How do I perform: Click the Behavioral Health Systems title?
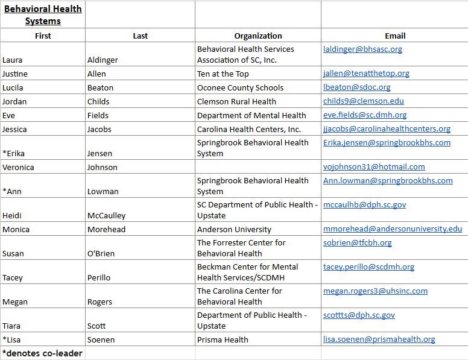click(x=43, y=15)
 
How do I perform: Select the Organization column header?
click(x=258, y=36)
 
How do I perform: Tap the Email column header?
click(x=395, y=36)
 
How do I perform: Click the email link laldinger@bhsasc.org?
click(x=362, y=49)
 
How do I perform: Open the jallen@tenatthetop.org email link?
click(x=366, y=74)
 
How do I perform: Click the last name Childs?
click(x=98, y=101)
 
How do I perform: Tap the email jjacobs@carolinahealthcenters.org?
click(x=387, y=129)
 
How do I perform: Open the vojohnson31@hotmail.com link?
click(x=374, y=167)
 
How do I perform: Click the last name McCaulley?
click(x=107, y=215)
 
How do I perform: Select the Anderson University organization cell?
click(x=234, y=229)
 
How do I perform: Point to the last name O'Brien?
click(x=101, y=253)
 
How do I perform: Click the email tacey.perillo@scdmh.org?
click(x=368, y=267)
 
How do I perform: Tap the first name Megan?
click(x=15, y=302)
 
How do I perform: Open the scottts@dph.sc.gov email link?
click(x=359, y=315)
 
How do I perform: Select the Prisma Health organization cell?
click(x=223, y=339)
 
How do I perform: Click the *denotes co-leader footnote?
click(x=42, y=353)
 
